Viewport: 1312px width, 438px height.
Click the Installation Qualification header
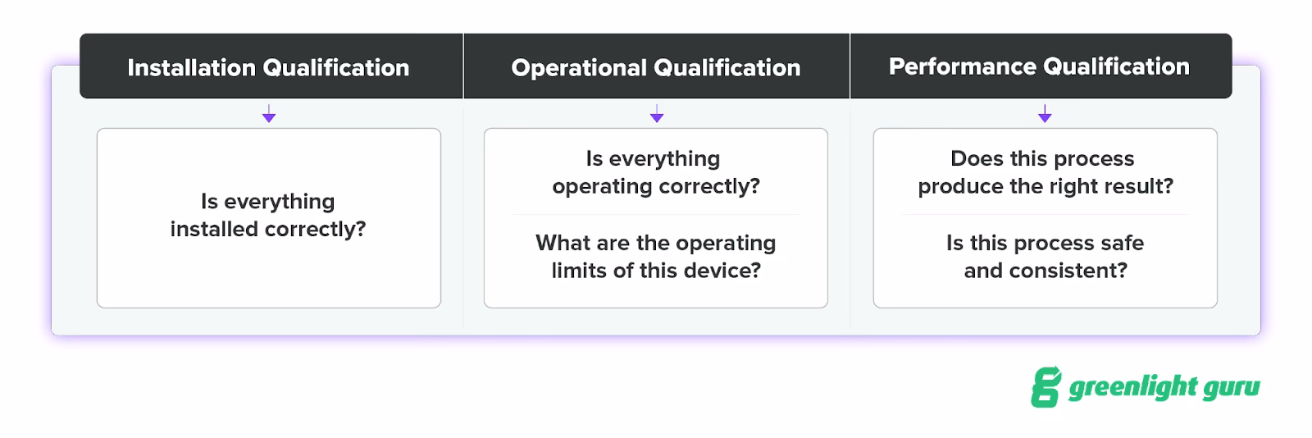pyautogui.click(x=268, y=67)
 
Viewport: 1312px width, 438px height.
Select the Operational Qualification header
pyautogui.click(x=656, y=67)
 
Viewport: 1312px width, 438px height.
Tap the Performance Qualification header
pyautogui.click(x=1039, y=66)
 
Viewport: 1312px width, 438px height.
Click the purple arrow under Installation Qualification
pyautogui.click(x=269, y=114)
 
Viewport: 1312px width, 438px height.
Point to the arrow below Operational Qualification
pyautogui.click(x=656, y=114)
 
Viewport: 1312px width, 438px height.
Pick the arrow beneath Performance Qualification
pyautogui.click(x=1045, y=114)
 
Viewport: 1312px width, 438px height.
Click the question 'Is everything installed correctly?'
pyautogui.click(x=268, y=215)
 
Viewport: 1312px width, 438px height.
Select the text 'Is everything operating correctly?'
pyautogui.click(x=656, y=172)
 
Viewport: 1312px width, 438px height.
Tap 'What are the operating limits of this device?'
pyautogui.click(x=656, y=257)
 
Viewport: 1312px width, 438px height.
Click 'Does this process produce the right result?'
pyautogui.click(x=1045, y=172)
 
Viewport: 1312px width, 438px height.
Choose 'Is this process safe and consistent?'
pyautogui.click(x=1045, y=257)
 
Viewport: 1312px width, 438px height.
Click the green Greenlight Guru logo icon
pyautogui.click(x=1045, y=387)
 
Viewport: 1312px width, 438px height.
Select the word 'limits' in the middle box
pyautogui.click(x=579, y=271)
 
